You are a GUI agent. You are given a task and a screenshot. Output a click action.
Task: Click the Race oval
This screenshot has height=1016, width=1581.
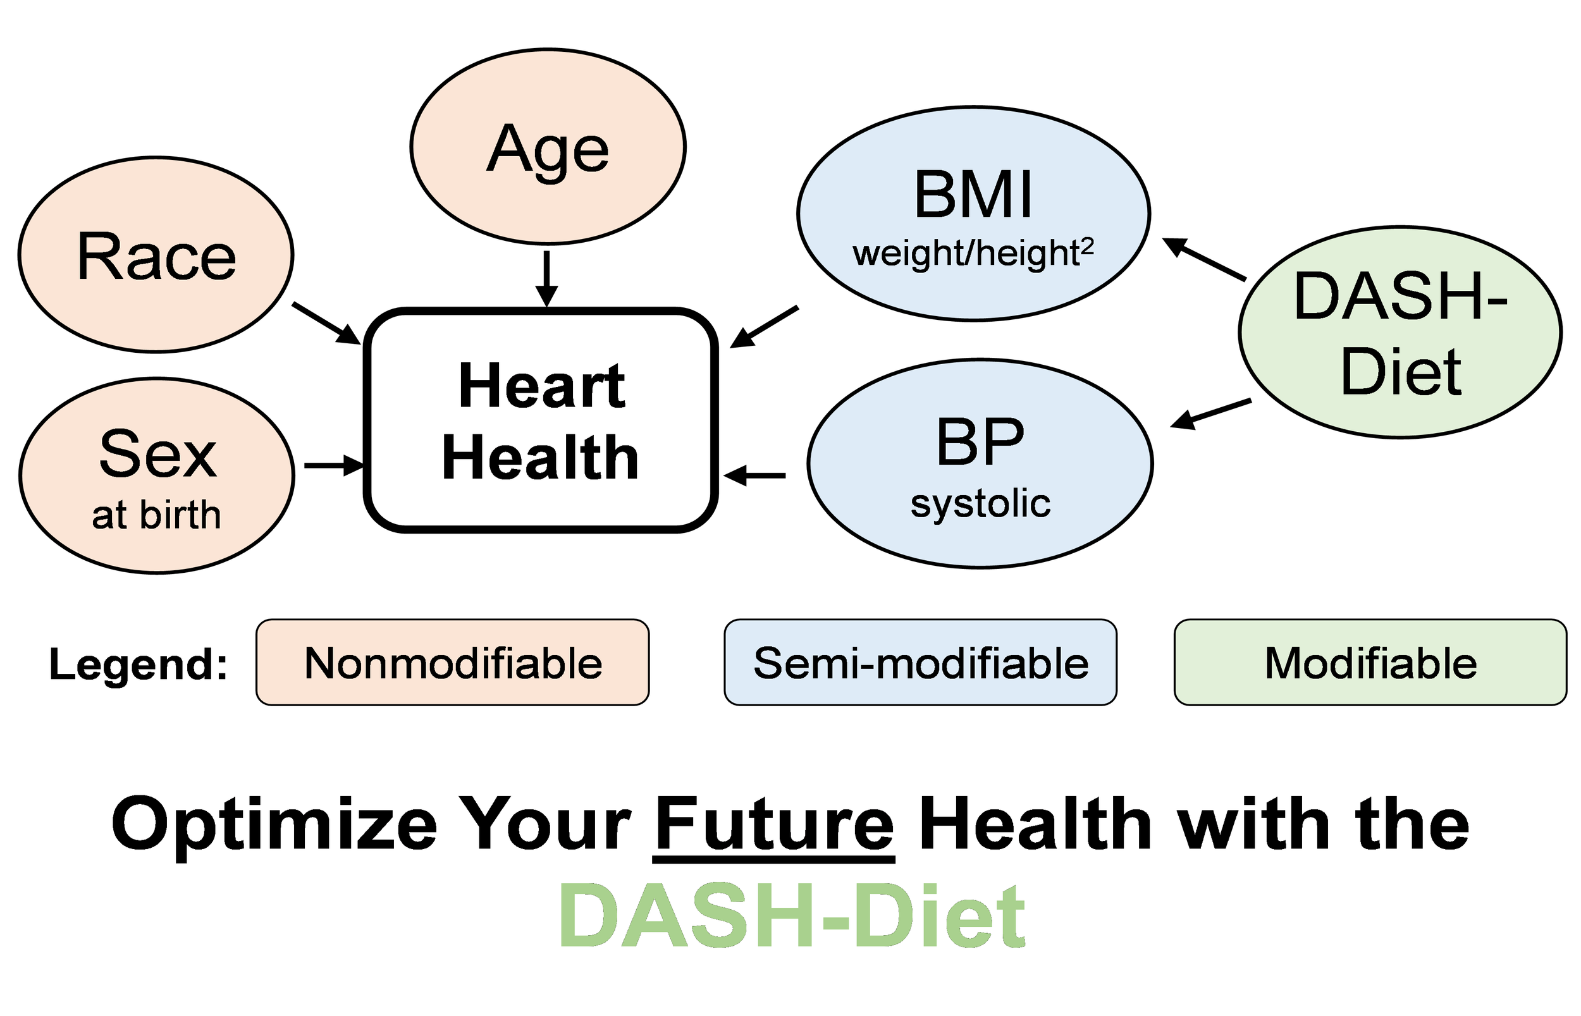pyautogui.click(x=156, y=255)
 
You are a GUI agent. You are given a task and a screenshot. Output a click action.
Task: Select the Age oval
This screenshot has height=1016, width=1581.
pyautogui.click(x=547, y=147)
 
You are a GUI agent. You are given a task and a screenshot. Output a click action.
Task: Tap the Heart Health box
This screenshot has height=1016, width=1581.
pyautogui.click(x=541, y=420)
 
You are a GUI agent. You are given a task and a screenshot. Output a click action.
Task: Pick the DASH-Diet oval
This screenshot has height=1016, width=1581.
pyautogui.click(x=1400, y=333)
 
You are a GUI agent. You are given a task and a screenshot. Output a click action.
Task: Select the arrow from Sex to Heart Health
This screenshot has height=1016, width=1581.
pyautogui.click(x=333, y=466)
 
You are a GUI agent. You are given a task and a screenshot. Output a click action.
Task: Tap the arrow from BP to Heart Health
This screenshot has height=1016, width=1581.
pyautogui.click(x=755, y=475)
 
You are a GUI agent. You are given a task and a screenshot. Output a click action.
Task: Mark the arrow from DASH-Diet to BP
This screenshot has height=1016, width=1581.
pyautogui.click(x=1211, y=413)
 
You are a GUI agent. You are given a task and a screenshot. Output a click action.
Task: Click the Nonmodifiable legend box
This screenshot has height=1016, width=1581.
pyautogui.click(x=453, y=663)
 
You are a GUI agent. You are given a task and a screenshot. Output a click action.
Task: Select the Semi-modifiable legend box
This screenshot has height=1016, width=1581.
pyautogui.click(x=920, y=663)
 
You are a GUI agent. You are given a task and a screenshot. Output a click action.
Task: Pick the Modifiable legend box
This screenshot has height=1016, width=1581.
pyautogui.click(x=1370, y=663)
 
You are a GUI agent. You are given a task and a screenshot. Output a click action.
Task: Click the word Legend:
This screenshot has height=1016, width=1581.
pyautogui.click(x=138, y=664)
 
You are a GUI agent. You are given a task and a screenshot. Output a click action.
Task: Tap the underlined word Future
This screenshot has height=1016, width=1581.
pyautogui.click(x=773, y=824)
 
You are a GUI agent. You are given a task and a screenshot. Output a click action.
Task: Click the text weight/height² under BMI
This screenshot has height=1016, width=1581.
pyautogui.click(x=973, y=254)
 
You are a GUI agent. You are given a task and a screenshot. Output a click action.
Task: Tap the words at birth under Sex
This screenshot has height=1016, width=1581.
pyautogui.click(x=156, y=515)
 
